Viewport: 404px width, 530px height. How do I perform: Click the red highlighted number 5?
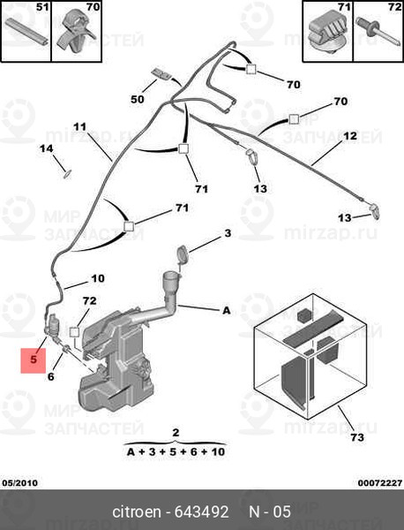click(x=33, y=360)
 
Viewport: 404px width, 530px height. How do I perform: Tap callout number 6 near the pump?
click(x=50, y=376)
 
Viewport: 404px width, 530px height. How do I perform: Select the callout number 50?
click(x=138, y=99)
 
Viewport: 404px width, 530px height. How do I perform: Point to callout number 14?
click(x=46, y=148)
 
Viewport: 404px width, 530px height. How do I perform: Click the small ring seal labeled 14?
click(x=67, y=174)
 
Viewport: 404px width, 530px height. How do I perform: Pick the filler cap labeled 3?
click(x=183, y=254)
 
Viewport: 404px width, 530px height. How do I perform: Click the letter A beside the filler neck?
click(x=227, y=310)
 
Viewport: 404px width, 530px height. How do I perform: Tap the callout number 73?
click(x=357, y=437)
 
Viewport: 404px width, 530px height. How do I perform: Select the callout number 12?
click(x=350, y=136)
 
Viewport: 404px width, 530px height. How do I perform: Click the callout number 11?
click(x=79, y=127)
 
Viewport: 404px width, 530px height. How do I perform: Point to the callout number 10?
click(x=98, y=278)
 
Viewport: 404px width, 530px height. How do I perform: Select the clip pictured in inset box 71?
click(x=326, y=34)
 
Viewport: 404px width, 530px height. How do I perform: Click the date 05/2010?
click(x=20, y=483)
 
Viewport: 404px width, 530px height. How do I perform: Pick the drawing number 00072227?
click(x=380, y=483)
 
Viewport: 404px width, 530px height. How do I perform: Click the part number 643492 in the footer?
click(x=201, y=511)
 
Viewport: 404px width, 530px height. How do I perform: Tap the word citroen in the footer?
click(x=137, y=511)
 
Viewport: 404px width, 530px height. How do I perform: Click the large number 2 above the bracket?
click(x=176, y=433)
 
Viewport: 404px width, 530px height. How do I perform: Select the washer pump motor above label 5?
click(x=54, y=326)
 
